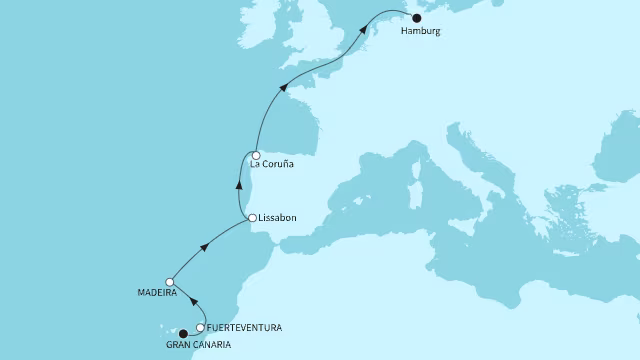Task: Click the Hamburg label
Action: coord(419,31)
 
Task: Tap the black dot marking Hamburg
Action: coord(417,17)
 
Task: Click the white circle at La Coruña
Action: coord(256,155)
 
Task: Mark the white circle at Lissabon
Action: coord(252,217)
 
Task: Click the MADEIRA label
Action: coord(158,294)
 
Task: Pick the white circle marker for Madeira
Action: coord(171,282)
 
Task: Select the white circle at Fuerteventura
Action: coord(201,327)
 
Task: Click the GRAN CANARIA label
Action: coord(199,345)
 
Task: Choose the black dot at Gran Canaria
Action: coord(182,334)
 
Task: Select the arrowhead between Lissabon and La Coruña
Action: coord(238,183)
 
